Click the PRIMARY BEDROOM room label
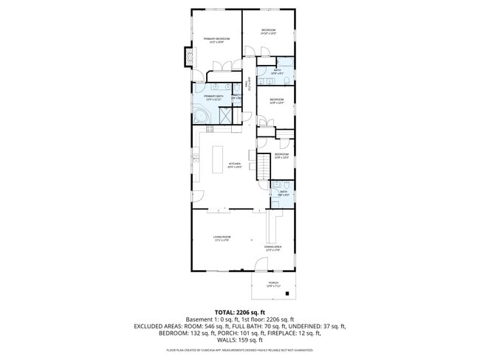(x=217, y=39)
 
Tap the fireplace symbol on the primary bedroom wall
(x=188, y=57)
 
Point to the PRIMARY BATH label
(x=214, y=97)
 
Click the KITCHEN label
(x=235, y=165)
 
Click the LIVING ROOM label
(x=222, y=238)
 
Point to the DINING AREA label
(x=273, y=249)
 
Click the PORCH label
(x=273, y=284)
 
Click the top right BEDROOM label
(x=268, y=32)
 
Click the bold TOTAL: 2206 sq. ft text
(x=239, y=313)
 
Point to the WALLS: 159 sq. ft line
(x=240, y=340)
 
